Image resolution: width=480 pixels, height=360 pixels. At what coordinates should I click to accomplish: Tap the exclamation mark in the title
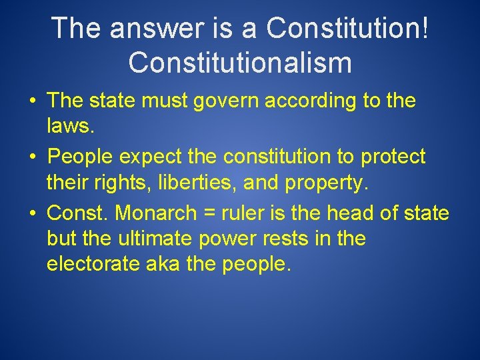(x=424, y=28)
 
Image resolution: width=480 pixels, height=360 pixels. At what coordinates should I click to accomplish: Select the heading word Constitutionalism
(x=240, y=63)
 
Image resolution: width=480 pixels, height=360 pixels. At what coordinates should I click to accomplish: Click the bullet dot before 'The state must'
(x=33, y=103)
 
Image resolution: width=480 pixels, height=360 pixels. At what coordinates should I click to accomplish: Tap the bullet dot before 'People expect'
(x=33, y=158)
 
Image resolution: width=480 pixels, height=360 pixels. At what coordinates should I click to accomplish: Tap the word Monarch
(x=157, y=214)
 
